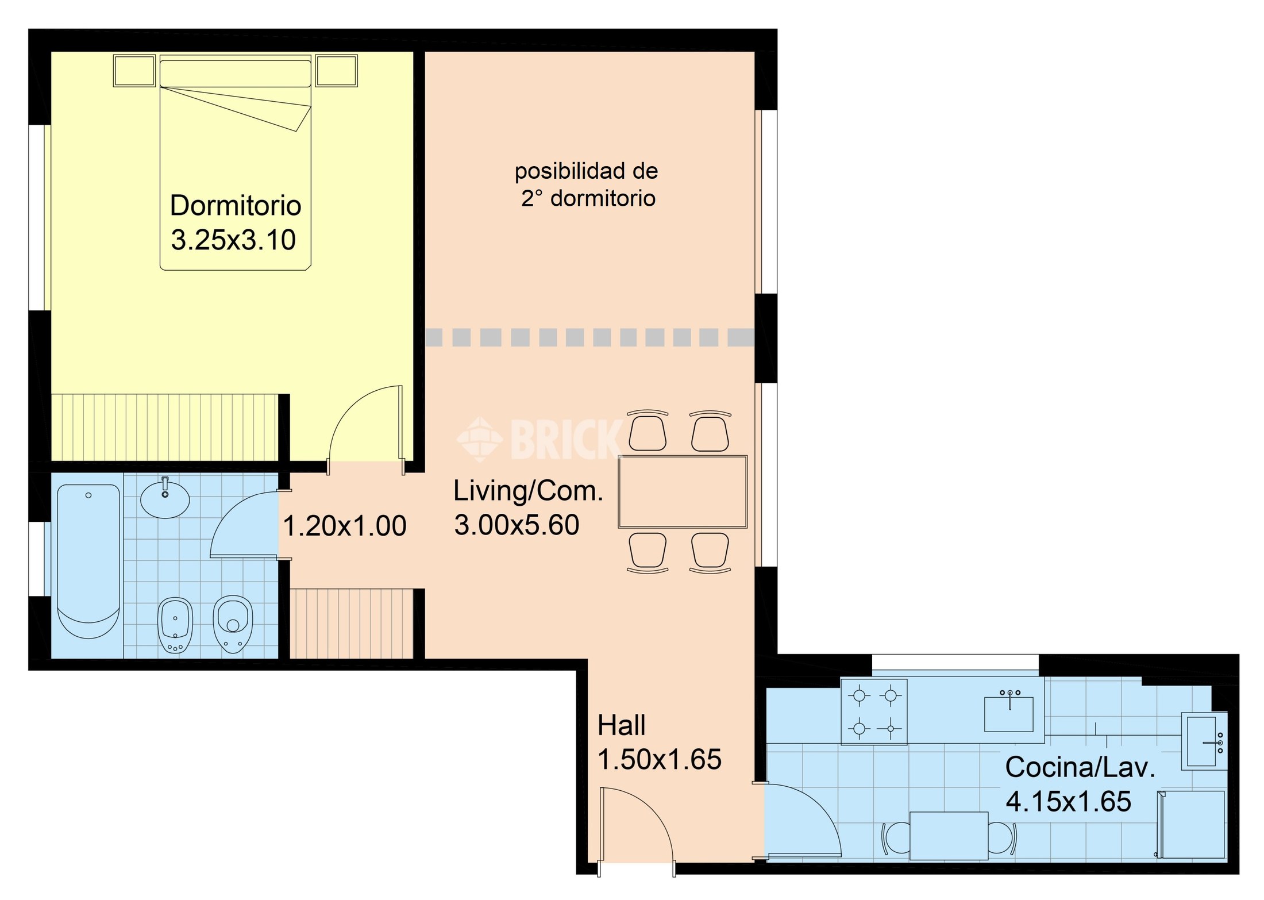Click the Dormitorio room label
[x=236, y=206]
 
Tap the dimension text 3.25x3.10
[x=233, y=240]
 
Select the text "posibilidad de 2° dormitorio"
[x=587, y=184]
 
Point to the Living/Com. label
[x=528, y=491]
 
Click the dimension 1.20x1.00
[x=345, y=526]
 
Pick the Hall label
[x=621, y=725]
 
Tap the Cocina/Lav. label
[x=1080, y=767]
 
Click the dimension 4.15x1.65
[x=1069, y=802]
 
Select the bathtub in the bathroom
[x=88, y=561]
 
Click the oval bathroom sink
[x=165, y=498]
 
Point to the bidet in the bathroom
[x=175, y=625]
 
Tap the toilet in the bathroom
[x=233, y=624]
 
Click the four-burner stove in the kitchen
[x=874, y=712]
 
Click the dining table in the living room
[x=683, y=492]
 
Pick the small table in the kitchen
[x=949, y=836]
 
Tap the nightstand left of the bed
[x=134, y=71]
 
